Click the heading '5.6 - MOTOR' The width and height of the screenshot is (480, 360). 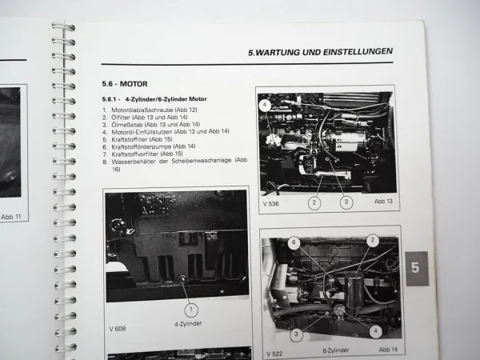coord(125,84)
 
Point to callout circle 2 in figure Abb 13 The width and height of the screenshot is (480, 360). coord(314,203)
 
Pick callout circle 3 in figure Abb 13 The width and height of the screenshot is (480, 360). coord(345,203)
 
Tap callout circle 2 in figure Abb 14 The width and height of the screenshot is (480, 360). coord(372,239)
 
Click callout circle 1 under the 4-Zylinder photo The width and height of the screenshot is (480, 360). coord(190,308)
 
